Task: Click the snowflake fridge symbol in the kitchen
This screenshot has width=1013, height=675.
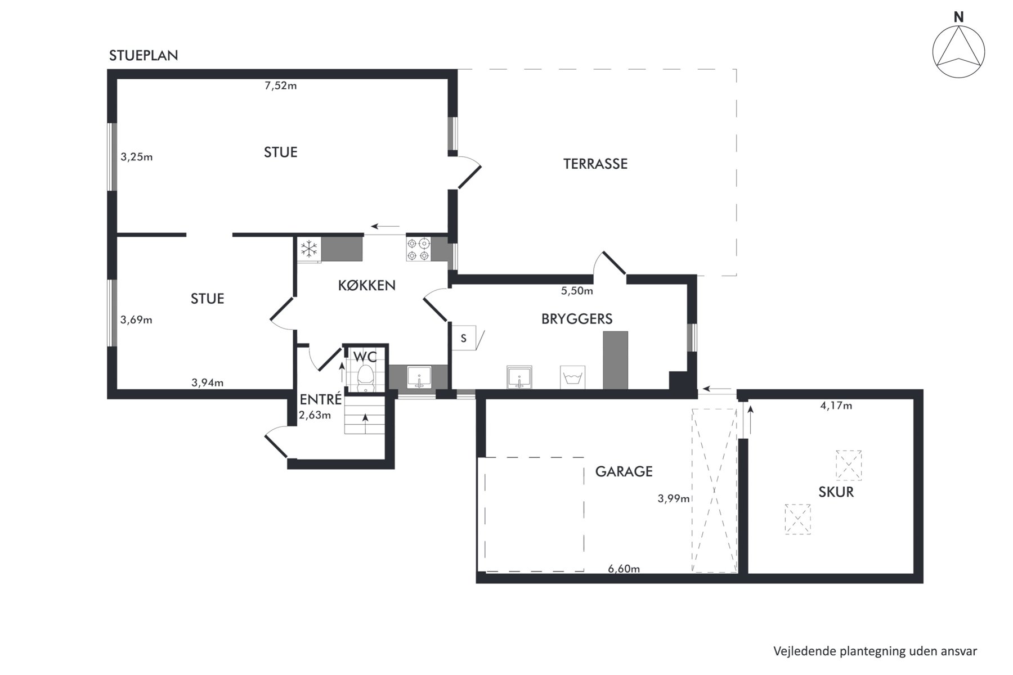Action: pos(308,249)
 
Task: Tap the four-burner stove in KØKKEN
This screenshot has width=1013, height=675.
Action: pos(418,249)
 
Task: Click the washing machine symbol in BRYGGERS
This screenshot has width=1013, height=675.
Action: pos(572,377)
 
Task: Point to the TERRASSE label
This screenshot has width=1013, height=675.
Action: pos(595,164)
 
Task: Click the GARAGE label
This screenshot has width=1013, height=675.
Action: pos(624,471)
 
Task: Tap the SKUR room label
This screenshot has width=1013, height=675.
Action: pos(836,492)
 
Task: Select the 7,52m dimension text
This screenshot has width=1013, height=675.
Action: pos(281,86)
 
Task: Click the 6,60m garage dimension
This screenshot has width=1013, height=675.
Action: pos(624,569)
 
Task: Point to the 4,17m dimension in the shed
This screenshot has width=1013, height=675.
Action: pos(836,406)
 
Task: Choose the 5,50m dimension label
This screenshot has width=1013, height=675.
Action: pos(577,291)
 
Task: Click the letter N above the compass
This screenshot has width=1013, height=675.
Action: pos(958,17)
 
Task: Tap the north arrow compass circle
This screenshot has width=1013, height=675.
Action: pos(958,52)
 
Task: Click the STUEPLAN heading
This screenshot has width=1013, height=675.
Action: pos(144,55)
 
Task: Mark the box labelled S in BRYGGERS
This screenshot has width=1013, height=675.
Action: pos(464,338)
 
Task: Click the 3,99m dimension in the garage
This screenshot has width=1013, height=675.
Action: pos(674,498)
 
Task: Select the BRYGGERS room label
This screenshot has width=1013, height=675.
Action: pos(577,319)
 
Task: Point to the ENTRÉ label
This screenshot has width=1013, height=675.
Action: pos(320,399)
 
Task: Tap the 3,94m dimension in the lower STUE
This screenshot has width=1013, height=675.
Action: pos(208,383)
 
